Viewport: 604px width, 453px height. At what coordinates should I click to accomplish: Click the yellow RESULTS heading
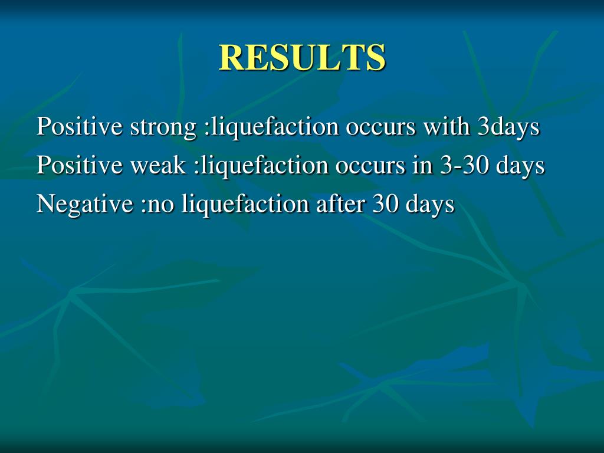[x=302, y=57]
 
